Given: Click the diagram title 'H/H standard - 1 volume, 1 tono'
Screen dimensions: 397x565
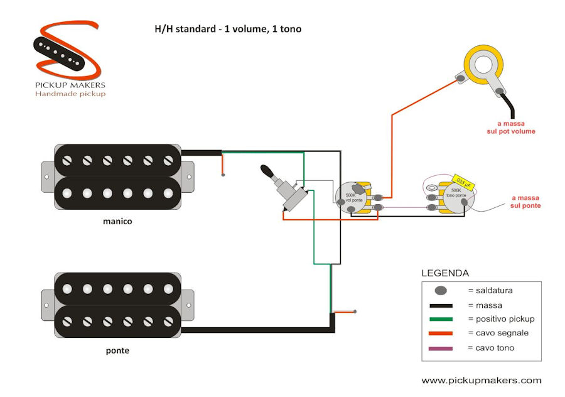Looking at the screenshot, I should pyautogui.click(x=227, y=29).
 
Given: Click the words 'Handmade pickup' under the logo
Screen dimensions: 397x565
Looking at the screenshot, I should pyautogui.click(x=70, y=94).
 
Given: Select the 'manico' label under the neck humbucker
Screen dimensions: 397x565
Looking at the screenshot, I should pyautogui.click(x=117, y=221).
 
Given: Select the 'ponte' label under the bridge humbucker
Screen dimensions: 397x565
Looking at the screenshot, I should pyautogui.click(x=117, y=351).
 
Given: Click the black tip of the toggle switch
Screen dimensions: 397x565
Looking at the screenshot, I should pyautogui.click(x=267, y=171).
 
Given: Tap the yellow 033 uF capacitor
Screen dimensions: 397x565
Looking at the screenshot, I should pyautogui.click(x=461, y=182).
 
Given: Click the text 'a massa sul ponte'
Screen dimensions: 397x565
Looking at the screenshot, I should pyautogui.click(x=525, y=202).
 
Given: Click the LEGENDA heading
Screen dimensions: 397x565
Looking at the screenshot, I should pyautogui.click(x=444, y=274).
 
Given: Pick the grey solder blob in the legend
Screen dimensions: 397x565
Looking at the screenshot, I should pyautogui.click(x=441, y=291).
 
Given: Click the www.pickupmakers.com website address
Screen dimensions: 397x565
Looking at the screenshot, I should pyautogui.click(x=481, y=381).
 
